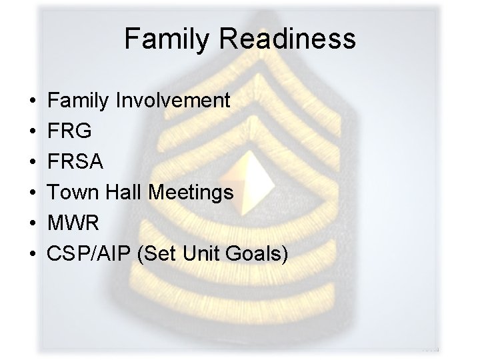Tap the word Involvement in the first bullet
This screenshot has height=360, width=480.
(x=173, y=101)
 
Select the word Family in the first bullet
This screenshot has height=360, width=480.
(x=79, y=101)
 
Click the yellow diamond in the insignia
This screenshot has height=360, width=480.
(x=254, y=163)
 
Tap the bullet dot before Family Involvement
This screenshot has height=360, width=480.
(x=33, y=102)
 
